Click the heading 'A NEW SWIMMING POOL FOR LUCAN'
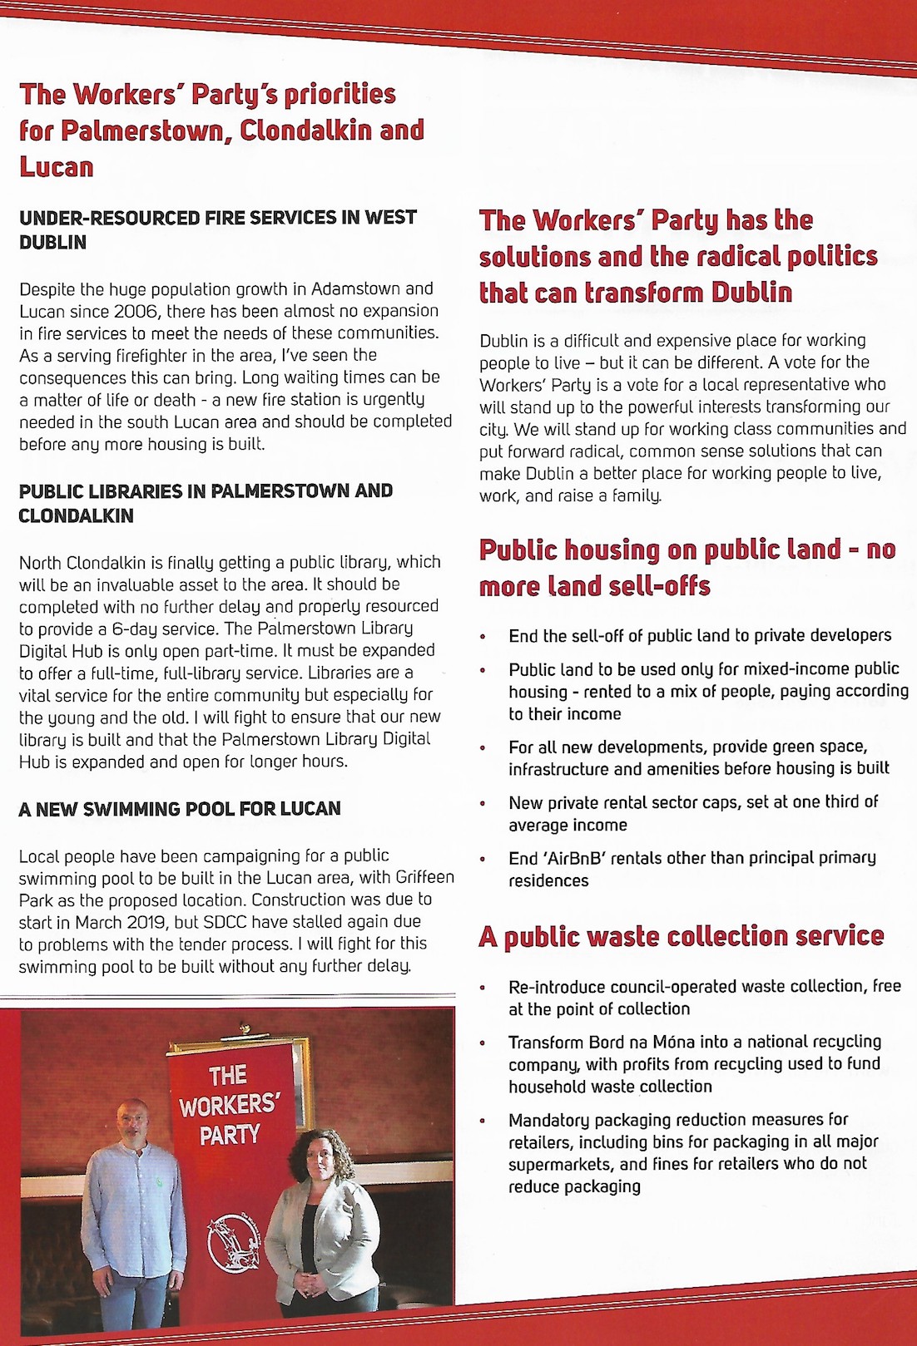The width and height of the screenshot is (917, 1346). click(180, 809)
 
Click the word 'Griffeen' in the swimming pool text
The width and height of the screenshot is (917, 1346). click(424, 878)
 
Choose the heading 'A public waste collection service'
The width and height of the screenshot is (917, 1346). click(681, 937)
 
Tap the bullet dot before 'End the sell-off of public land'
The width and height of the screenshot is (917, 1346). click(483, 637)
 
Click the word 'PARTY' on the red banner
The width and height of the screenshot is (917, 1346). click(230, 1135)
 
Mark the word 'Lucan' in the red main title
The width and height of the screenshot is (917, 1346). click(57, 166)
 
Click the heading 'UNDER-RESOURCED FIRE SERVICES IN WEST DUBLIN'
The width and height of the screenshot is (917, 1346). click(218, 229)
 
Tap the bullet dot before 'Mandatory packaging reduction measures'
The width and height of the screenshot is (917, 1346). click(483, 1121)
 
